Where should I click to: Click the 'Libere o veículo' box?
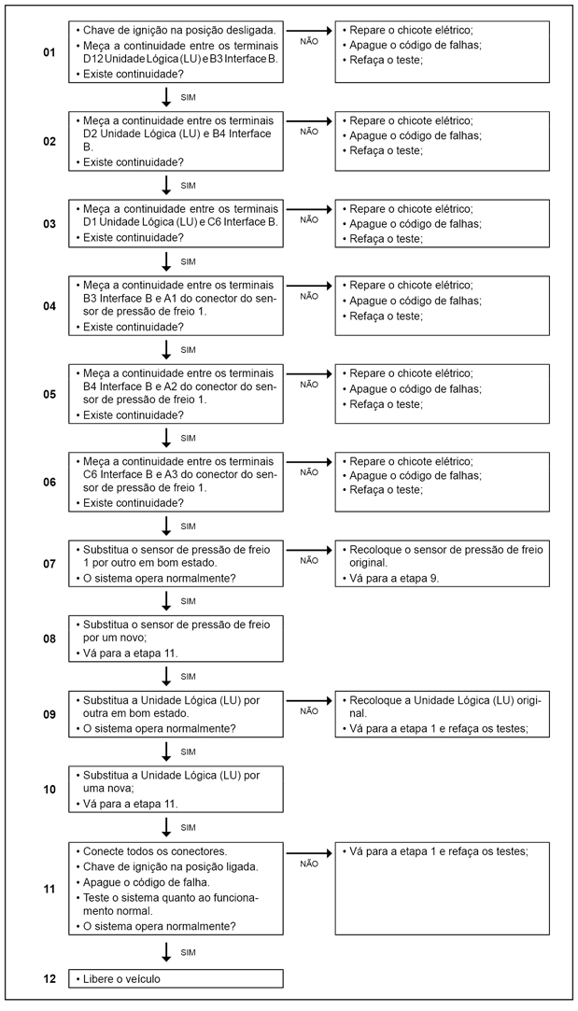point(176,978)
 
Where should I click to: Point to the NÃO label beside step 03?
point(309,220)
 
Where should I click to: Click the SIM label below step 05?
point(188,438)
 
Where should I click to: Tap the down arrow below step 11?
point(166,951)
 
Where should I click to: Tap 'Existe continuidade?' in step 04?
point(133,327)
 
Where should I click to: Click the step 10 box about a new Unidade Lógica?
point(176,789)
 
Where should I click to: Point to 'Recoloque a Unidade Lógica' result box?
point(443,714)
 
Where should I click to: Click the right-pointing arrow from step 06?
point(309,460)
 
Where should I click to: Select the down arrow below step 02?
point(166,184)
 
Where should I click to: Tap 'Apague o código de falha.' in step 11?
point(148,882)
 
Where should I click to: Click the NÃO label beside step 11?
point(309,864)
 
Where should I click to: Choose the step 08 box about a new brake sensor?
point(176,638)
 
